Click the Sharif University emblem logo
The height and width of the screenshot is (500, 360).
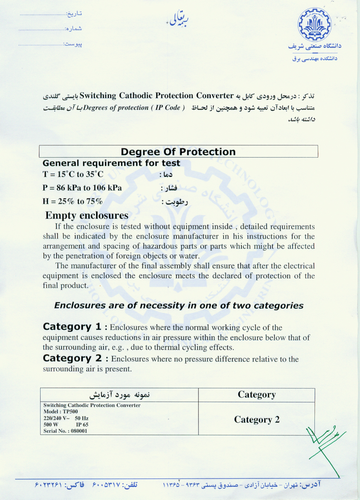point(315,26)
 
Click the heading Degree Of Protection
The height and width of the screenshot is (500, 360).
point(178,152)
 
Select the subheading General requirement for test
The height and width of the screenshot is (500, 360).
point(111,163)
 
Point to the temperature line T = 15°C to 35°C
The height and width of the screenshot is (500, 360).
point(73,174)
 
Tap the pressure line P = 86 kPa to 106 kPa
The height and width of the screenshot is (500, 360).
point(82,188)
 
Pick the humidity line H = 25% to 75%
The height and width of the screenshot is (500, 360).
point(73,201)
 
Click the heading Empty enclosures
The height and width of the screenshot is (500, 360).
point(87,215)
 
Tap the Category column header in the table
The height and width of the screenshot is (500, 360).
point(257,395)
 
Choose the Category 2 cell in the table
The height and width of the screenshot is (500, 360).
point(257,419)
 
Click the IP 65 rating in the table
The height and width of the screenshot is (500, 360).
point(82,424)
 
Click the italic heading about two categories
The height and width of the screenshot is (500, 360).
point(179,305)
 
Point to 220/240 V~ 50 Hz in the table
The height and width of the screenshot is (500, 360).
point(66,418)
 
